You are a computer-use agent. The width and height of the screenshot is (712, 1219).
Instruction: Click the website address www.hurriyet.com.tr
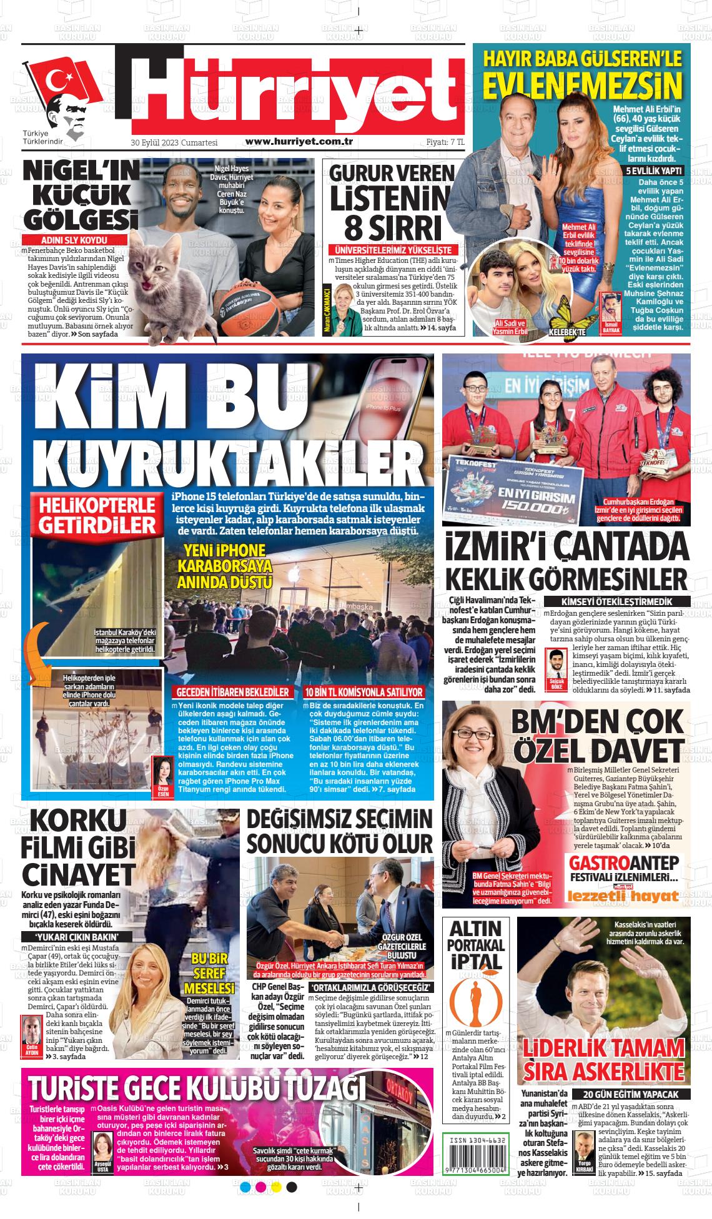coord(300,142)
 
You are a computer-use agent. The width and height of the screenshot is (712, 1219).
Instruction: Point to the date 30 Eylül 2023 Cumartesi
coord(174,143)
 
